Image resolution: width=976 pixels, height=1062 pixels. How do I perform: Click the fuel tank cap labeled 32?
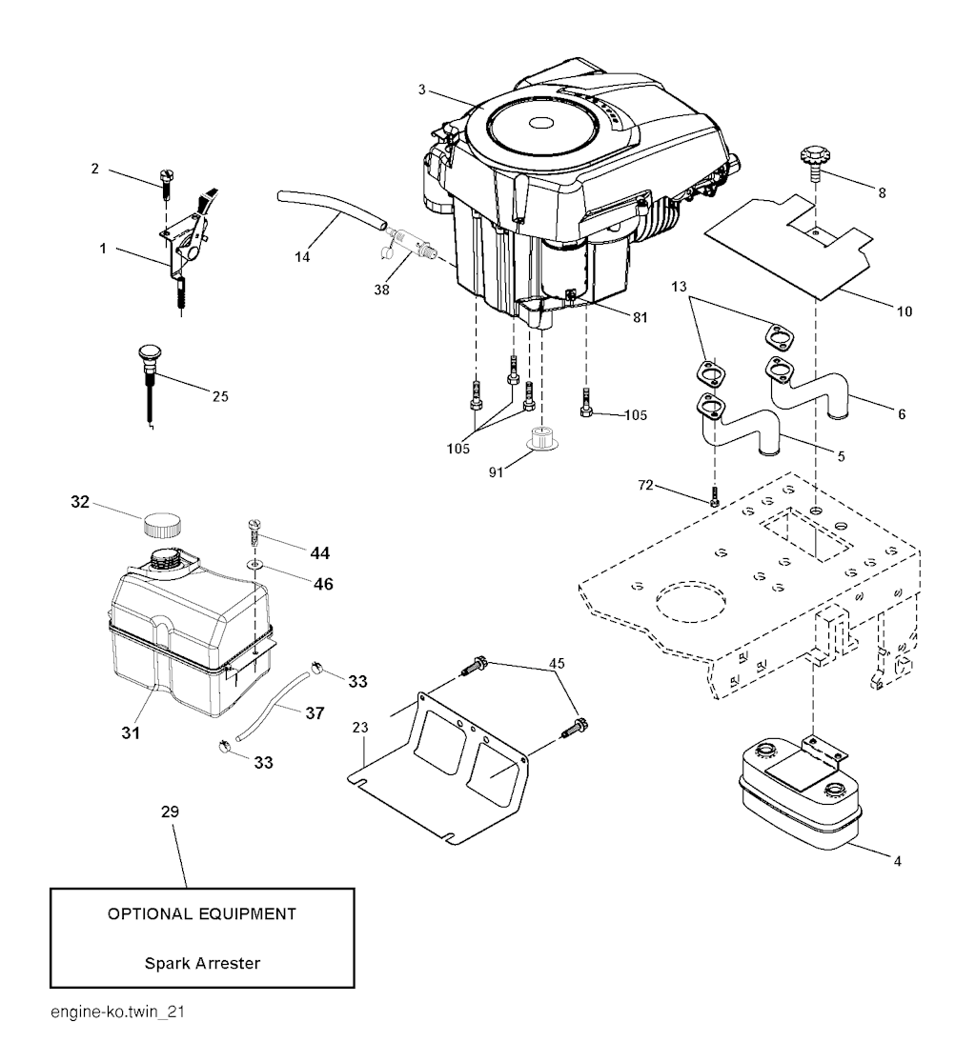click(x=162, y=524)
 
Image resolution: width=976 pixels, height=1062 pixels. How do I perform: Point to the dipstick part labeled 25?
click(x=152, y=362)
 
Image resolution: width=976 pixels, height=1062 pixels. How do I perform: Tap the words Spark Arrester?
click(x=202, y=962)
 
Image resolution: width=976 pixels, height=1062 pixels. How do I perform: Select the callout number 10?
click(x=904, y=311)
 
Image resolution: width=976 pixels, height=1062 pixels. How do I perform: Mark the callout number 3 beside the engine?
click(x=421, y=90)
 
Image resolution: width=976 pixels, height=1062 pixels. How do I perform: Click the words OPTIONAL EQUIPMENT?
click(x=202, y=914)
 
